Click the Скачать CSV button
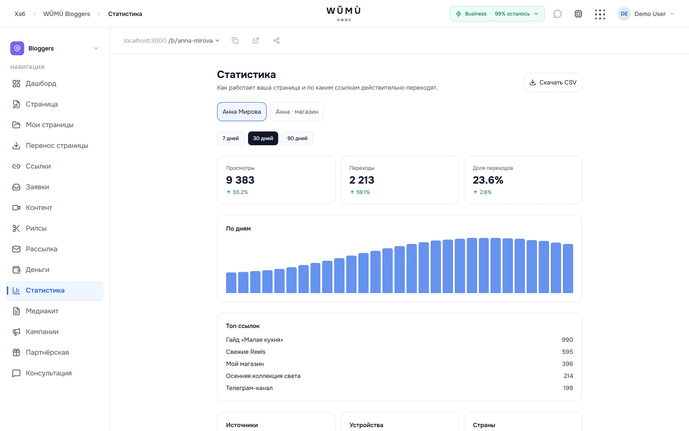tap(553, 82)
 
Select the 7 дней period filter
tap(231, 138)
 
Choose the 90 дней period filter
tap(297, 138)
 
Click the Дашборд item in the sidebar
tap(41, 84)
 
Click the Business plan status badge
tap(497, 14)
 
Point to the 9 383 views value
tap(240, 180)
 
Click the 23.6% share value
tap(488, 180)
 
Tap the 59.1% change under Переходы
tap(360, 192)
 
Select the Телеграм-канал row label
tap(249, 388)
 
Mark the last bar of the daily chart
tap(568, 269)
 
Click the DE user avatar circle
tap(624, 14)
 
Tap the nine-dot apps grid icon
tap(600, 14)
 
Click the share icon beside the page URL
tap(276, 41)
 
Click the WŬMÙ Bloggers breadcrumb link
tap(67, 14)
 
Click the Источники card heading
tap(242, 425)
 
